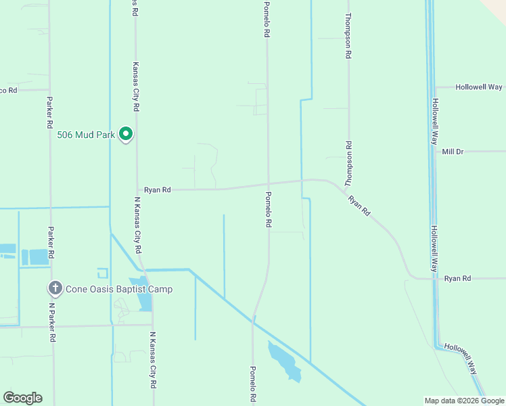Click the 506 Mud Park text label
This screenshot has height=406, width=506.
[x=86, y=134]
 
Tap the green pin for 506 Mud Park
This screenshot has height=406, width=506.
[x=126, y=135]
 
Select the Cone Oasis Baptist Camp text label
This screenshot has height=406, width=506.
[x=119, y=290]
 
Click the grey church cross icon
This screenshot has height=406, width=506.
[x=55, y=289]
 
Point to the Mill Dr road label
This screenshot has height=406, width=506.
[x=453, y=152]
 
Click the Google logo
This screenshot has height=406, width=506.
[x=22, y=398]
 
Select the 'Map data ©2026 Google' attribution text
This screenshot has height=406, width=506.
[x=465, y=401]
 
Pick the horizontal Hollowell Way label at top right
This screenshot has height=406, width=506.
[x=479, y=87]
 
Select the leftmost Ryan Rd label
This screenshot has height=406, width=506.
[x=157, y=190]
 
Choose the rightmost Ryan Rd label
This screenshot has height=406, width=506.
[x=457, y=278]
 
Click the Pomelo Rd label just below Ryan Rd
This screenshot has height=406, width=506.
[x=269, y=209]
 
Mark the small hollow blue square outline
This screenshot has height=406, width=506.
[x=102, y=273]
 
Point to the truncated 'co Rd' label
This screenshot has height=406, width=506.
[x=9, y=90]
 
